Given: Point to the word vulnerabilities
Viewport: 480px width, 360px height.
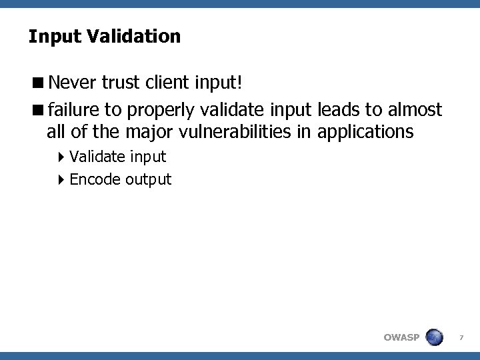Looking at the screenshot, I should click(x=237, y=131).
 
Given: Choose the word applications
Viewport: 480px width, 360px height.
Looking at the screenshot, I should click(x=366, y=132).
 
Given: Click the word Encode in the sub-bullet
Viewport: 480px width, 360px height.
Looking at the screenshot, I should click(x=93, y=179).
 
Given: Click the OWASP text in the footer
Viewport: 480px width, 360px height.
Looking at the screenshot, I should click(x=402, y=337).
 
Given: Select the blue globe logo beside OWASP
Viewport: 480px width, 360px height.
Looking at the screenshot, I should click(x=435, y=337).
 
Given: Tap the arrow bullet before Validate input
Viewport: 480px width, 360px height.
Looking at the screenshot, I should click(x=61, y=157).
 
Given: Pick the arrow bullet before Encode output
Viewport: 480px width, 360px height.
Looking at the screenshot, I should click(x=61, y=180).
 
